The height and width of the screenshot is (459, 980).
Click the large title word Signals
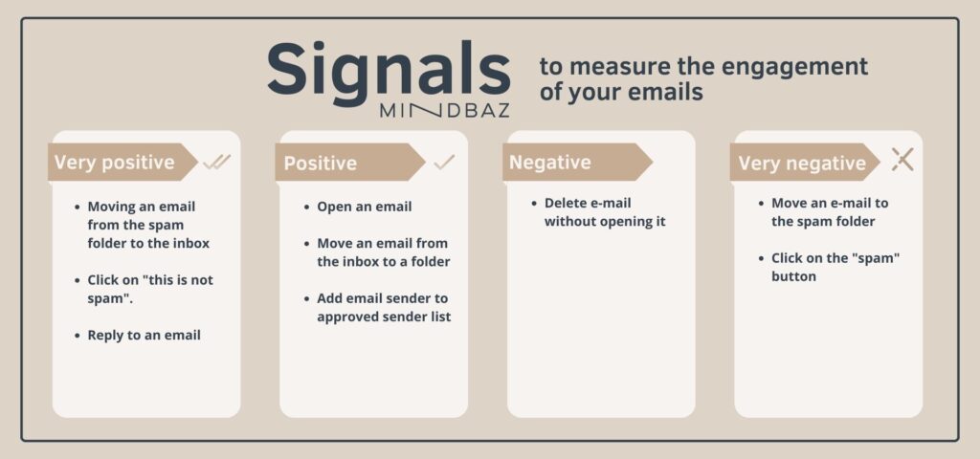[x=389, y=69]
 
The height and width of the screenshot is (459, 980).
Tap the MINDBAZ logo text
[x=444, y=111]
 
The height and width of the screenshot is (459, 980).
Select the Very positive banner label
[x=115, y=163]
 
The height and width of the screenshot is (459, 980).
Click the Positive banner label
[x=320, y=163]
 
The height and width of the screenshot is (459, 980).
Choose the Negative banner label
[x=550, y=163]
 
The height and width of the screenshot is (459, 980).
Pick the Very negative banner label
[x=802, y=163]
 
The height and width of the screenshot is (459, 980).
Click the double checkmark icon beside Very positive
[x=217, y=163]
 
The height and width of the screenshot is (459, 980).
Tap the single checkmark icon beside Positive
[x=444, y=163]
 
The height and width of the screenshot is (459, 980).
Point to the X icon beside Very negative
[x=902, y=160]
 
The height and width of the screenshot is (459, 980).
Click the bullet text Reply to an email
[x=144, y=336]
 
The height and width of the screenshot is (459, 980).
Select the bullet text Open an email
[x=365, y=207]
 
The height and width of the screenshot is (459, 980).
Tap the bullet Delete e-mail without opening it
[x=605, y=212]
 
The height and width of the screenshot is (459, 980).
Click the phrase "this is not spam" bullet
[x=150, y=289]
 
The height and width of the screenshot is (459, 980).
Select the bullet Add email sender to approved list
[x=384, y=307]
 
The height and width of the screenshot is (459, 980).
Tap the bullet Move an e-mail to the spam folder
[x=830, y=212]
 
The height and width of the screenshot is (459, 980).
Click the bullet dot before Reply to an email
[x=77, y=336]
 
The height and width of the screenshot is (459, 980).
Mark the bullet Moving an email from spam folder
[x=148, y=225]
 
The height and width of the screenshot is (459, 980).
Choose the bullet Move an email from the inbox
[x=383, y=252]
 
